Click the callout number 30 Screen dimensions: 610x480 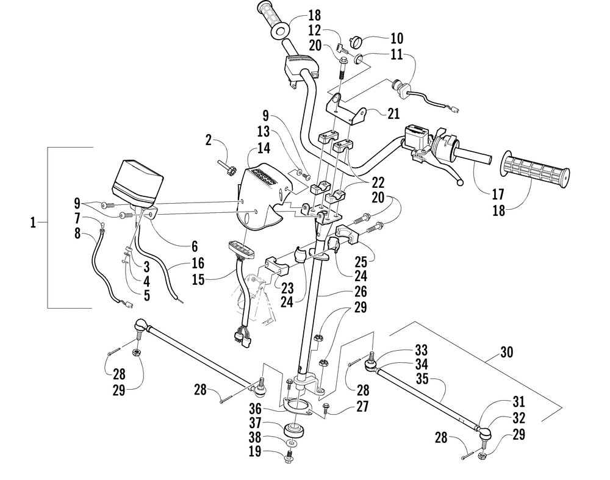tap(506, 353)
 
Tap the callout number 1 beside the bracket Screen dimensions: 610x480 tap(33, 223)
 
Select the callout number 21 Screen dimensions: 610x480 tap(393, 113)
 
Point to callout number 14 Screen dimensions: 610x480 tap(264, 148)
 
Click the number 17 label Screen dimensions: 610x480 tap(498, 194)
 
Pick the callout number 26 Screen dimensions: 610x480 tap(361, 292)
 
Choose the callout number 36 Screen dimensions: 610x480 tap(255, 409)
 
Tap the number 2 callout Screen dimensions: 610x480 tap(209, 140)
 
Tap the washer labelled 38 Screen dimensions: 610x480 tap(293, 443)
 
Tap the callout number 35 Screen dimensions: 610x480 tap(422, 378)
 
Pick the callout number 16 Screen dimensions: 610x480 tap(198, 263)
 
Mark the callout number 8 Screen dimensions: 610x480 tap(77, 234)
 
